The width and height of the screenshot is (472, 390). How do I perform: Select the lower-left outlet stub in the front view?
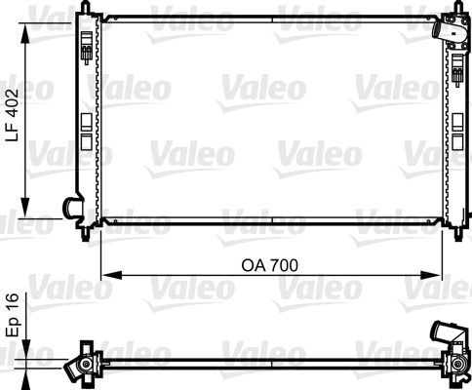[71, 206]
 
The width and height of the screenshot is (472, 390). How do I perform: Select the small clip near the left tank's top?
[89, 49]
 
